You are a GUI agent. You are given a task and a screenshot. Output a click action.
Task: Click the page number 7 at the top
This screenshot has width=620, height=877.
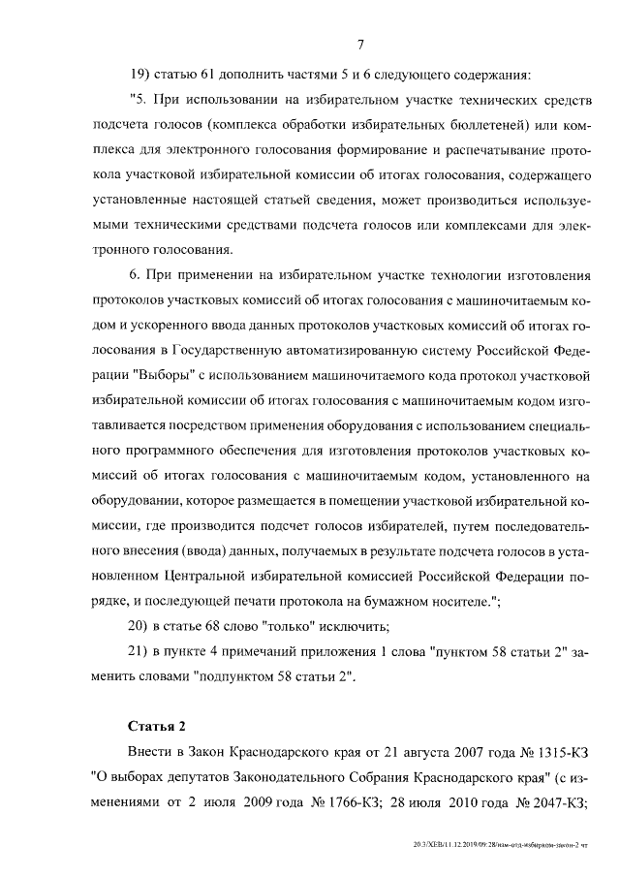359,45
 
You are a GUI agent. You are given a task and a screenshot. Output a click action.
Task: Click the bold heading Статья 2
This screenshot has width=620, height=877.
156,726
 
